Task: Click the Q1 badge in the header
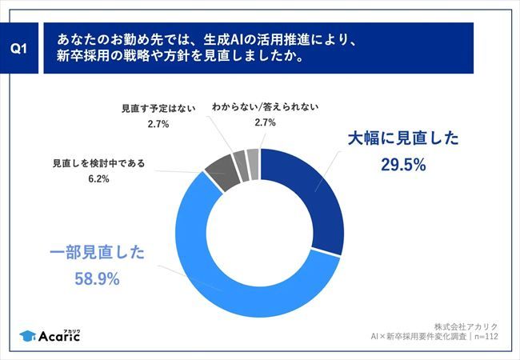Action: pyautogui.click(x=22, y=48)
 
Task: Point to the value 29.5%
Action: pyautogui.click(x=403, y=166)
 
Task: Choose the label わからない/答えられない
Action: pyautogui.click(x=265, y=106)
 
